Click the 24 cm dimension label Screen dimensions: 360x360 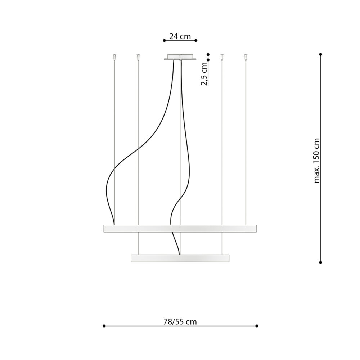point(180,36)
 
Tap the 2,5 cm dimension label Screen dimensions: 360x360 point(204,74)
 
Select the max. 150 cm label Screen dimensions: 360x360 point(316,161)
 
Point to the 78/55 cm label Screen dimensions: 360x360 point(180,322)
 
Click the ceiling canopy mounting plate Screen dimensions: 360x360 point(180,57)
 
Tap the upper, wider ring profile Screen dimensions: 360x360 point(180,229)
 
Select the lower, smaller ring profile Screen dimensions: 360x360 point(180,258)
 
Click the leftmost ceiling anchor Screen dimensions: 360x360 point(114,57)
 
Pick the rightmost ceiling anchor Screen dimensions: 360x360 point(246,57)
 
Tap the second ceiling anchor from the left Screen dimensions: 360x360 point(138,57)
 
